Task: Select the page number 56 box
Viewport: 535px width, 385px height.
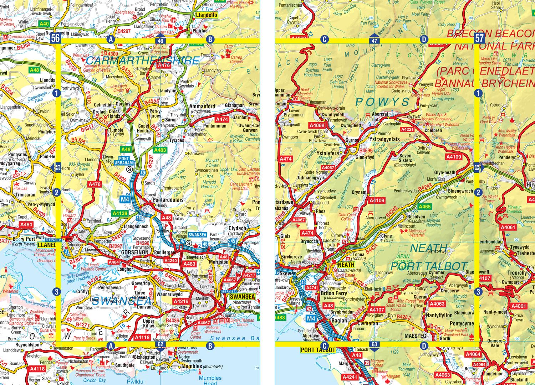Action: point(55,38)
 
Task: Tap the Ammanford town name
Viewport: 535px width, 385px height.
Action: point(202,106)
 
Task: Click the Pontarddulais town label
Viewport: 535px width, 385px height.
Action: point(168,200)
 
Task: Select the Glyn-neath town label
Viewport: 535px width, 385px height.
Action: point(444,172)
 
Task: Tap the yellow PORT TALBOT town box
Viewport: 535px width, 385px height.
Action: point(318,350)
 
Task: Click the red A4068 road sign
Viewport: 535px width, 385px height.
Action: point(317,125)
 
